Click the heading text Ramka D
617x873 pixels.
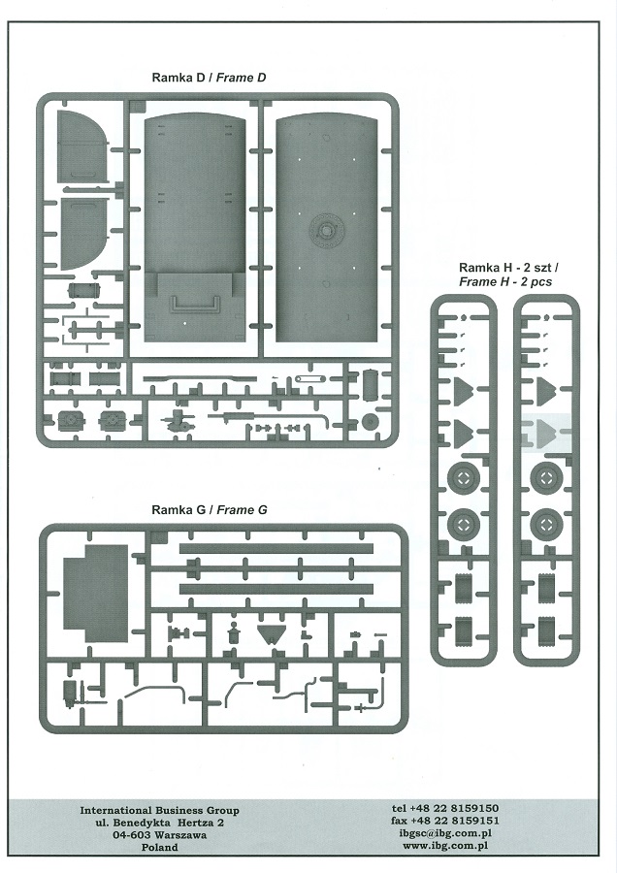tap(179, 77)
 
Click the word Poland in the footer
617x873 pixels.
tap(159, 847)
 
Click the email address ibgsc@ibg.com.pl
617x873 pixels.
tap(446, 833)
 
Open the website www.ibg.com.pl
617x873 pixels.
tap(446, 846)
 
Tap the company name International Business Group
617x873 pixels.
tap(159, 810)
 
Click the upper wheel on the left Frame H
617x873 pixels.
tap(462, 478)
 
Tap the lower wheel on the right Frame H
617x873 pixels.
tap(546, 525)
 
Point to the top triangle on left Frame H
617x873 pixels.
tap(462, 391)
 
